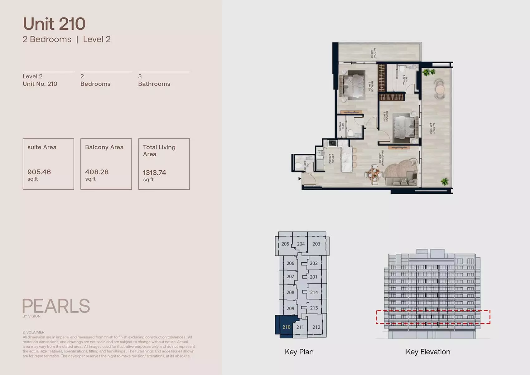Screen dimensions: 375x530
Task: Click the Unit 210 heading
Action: [54, 24]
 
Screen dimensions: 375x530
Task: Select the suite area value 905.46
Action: [39, 172]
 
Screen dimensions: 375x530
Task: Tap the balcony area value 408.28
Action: [97, 172]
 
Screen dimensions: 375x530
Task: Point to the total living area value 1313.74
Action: [154, 173]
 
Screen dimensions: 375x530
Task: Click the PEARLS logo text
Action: [56, 306]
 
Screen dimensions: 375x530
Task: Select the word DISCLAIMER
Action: [33, 332]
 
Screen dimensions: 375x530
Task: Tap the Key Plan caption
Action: [299, 352]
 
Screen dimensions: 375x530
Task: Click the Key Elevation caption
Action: [428, 352]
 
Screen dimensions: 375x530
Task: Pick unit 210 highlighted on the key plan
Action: [286, 327]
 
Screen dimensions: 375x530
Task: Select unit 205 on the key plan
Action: [285, 244]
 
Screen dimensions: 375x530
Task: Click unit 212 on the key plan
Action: [316, 327]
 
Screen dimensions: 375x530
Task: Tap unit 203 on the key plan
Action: [316, 244]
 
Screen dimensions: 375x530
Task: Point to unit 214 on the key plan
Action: [314, 292]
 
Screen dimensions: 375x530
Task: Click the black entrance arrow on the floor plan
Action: [300, 179]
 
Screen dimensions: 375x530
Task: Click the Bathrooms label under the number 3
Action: [154, 84]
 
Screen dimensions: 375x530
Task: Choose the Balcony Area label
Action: [104, 147]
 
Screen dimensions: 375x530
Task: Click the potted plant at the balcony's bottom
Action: [444, 181]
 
